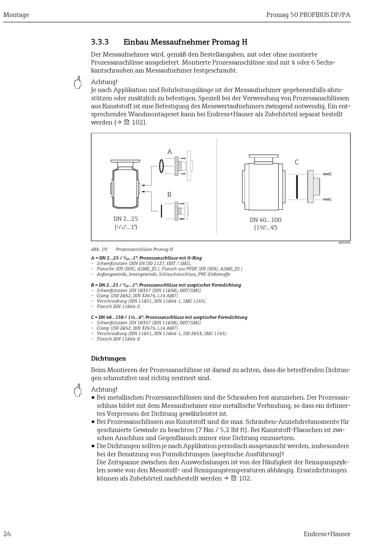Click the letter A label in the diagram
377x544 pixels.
[169, 152]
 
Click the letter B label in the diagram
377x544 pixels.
[169, 195]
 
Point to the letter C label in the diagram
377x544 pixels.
[296, 162]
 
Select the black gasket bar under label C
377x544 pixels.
[296, 186]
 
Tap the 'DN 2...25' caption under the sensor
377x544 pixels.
[126, 219]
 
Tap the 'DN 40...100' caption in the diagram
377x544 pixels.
[265, 220]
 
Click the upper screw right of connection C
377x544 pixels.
[327, 174]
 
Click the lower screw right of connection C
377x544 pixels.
[327, 199]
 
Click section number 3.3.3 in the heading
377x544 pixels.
[100, 42]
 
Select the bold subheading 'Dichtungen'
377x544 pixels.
[108, 359]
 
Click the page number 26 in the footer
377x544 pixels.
[7, 534]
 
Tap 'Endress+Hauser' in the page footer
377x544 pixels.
[327, 534]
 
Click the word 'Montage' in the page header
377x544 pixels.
[16, 15]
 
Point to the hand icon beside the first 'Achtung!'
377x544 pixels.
[78, 82]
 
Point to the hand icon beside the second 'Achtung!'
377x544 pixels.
[78, 390]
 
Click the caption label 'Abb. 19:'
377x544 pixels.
[100, 249]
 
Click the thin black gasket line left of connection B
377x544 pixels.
[162, 211]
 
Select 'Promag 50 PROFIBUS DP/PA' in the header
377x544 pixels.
[308, 15]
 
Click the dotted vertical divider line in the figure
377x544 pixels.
[217, 187]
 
